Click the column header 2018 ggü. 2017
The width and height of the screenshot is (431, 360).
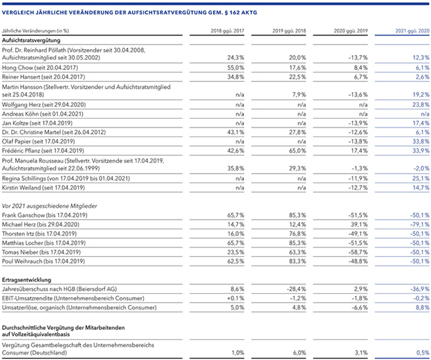[228, 31]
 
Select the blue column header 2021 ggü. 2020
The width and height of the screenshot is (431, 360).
[413, 31]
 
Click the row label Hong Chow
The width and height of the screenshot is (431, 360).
[17, 68]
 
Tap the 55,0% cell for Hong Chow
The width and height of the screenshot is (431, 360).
[236, 68]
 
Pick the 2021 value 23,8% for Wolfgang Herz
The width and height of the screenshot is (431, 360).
[421, 105]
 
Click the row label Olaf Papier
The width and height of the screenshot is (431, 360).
[16, 142]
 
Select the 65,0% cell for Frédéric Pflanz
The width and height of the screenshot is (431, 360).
[297, 151]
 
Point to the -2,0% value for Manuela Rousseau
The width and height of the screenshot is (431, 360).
[421, 168]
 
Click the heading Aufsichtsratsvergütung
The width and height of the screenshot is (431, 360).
[31, 41]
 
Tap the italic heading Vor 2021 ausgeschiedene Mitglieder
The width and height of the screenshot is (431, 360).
[49, 206]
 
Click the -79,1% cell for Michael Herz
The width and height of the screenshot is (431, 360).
[420, 224]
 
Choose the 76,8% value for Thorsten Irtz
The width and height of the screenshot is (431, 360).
[297, 234]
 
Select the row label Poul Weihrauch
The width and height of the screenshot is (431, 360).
[22, 261]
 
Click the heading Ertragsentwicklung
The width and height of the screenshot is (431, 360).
[26, 280]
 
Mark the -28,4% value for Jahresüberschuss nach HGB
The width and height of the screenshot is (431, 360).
[297, 289]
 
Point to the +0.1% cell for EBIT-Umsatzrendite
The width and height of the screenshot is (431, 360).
[236, 298]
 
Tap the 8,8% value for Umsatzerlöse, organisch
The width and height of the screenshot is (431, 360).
[422, 308]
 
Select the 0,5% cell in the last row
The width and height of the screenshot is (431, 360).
[422, 353]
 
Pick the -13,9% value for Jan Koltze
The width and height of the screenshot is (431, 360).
[358, 123]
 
